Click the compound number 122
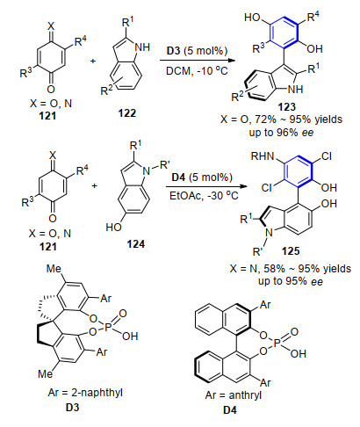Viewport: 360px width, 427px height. pos(127,113)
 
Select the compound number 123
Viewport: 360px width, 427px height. pos(287,107)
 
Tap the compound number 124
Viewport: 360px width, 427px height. pos(136,244)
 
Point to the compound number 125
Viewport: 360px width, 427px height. pos(291,251)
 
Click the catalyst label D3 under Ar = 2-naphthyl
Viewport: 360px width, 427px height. pos(72,407)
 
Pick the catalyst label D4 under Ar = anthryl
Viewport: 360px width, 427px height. pos(230,410)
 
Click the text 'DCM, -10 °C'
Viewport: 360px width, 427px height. pos(197,71)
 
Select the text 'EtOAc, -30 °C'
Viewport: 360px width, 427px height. pos(204,195)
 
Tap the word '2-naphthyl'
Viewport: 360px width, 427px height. pos(97,393)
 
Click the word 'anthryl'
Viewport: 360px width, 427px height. pos(245,395)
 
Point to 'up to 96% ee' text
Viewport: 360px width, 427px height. pos(281,133)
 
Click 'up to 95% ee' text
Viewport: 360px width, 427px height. pos(291,281)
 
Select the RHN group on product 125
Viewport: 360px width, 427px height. pos(263,156)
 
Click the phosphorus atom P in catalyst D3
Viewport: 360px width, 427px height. pos(106,326)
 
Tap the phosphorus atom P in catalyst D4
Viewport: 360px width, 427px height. pos(277,344)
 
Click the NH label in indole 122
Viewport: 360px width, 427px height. pos(142,47)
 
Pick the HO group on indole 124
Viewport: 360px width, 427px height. pos(113,227)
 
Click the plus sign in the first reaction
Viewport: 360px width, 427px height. pos(93,61)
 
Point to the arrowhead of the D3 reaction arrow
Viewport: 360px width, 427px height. pos(232,61)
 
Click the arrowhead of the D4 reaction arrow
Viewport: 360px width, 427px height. pos(242,186)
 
